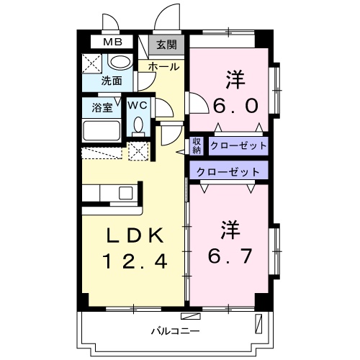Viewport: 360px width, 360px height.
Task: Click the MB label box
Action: point(112,42)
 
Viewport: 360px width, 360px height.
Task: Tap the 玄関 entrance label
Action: point(166,45)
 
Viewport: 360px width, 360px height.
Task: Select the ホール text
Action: point(163,66)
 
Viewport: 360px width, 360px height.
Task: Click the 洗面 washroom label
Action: point(112,81)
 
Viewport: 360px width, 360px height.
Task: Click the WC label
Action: point(138,105)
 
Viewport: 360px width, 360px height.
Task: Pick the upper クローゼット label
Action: point(238,145)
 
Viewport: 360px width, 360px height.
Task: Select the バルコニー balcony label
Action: point(171,332)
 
